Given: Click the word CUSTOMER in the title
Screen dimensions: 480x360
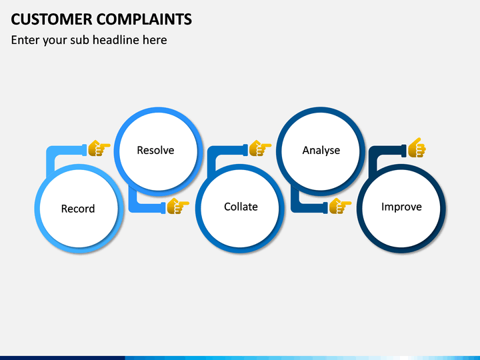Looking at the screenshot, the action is click(51, 19).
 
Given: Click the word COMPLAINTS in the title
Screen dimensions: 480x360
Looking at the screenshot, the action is click(144, 19).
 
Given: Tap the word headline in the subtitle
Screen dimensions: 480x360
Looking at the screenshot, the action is click(116, 40).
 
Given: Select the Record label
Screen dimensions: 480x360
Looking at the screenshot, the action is click(78, 209).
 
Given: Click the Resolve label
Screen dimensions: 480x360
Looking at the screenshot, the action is click(155, 150).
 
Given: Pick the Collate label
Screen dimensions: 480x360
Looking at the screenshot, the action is click(241, 207).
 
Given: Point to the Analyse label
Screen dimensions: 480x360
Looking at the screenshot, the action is click(321, 150).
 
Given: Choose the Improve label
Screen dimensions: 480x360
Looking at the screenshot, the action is click(401, 207).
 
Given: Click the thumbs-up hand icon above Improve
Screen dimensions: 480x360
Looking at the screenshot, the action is click(417, 147).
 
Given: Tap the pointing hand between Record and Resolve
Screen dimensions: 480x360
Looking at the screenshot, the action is click(99, 148).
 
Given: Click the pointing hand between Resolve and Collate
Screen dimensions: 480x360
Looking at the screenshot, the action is click(178, 206).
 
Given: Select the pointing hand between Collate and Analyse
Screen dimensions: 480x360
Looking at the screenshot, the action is click(260, 148).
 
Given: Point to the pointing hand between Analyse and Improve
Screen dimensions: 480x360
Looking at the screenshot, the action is click(340, 206).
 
